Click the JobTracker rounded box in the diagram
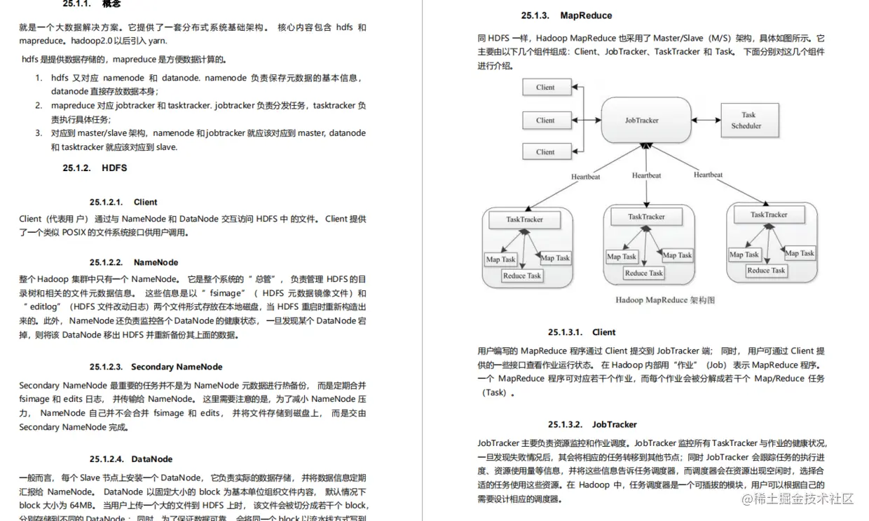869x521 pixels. point(641,120)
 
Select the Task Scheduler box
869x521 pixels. point(748,120)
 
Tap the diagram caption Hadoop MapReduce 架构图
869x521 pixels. point(665,300)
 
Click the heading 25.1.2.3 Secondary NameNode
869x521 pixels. point(156,367)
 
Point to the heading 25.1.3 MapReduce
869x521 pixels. point(566,15)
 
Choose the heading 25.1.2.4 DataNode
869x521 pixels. point(131,459)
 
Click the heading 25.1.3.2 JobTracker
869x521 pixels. point(593,424)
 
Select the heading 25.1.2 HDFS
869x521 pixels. point(95,168)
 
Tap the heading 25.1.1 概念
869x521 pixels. point(91,4)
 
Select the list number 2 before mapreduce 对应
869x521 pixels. point(39,106)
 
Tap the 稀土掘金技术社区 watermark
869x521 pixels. point(798,499)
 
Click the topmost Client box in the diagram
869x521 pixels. point(545,88)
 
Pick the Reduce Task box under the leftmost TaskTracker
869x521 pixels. point(521,276)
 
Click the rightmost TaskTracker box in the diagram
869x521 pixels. point(768,215)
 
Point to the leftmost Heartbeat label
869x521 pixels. point(585,177)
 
